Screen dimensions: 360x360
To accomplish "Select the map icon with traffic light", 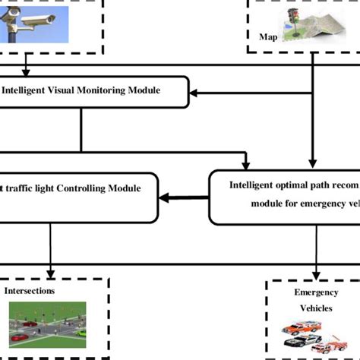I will coord(311,24).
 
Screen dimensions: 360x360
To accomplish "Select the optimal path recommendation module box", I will coord(284,197).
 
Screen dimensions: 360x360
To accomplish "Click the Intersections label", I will coord(30,290).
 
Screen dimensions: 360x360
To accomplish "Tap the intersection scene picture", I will coord(47,324).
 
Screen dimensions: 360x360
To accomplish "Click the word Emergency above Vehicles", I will coord(315,292).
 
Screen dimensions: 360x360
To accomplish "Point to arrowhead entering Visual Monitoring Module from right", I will coord(194,93).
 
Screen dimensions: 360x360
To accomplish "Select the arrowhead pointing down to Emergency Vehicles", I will coord(316,275).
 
